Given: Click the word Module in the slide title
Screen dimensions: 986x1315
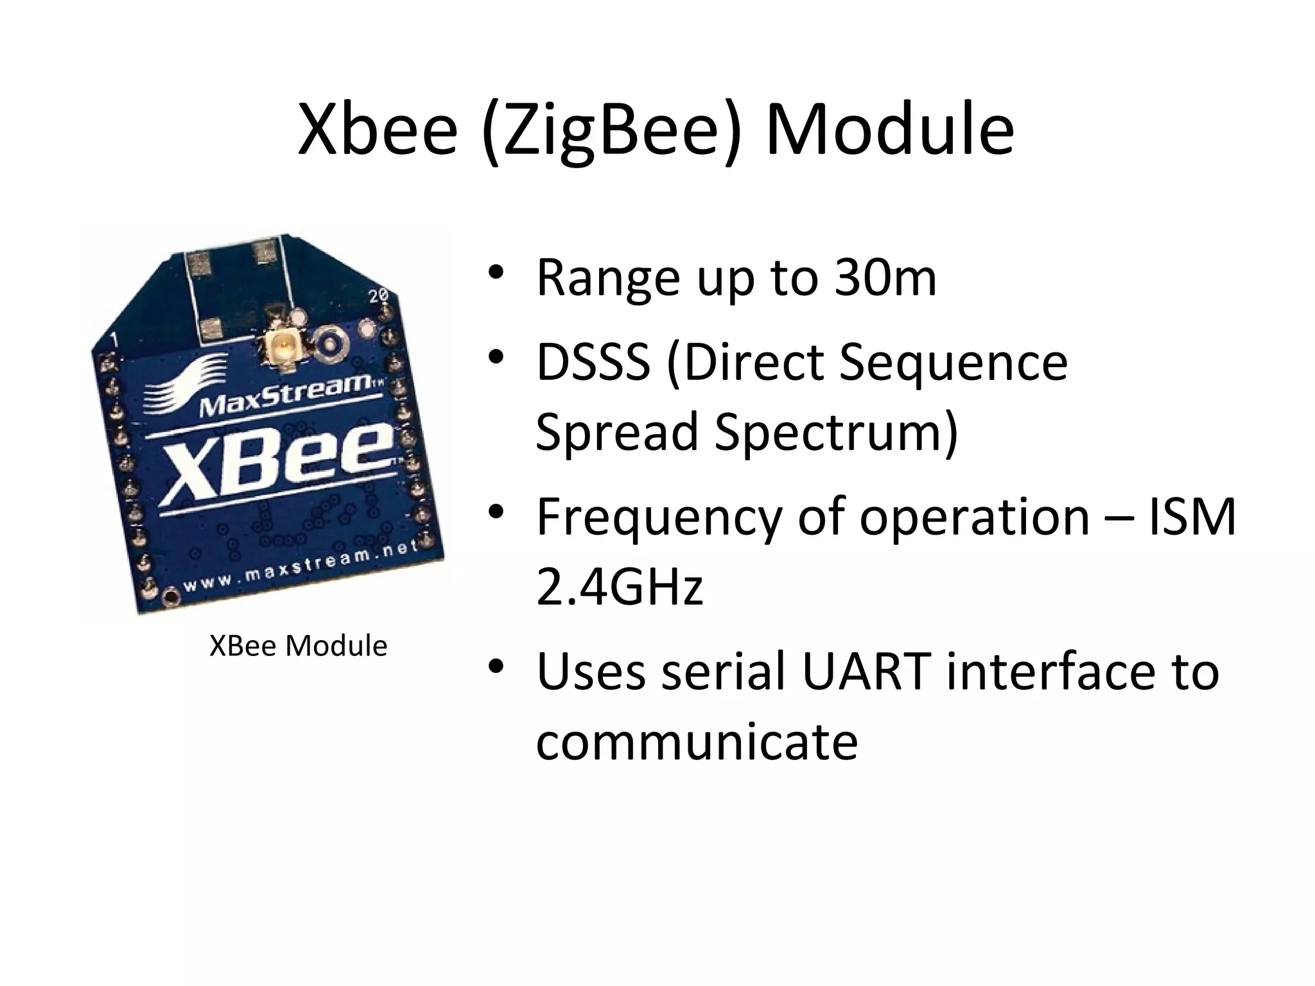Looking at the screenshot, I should pyautogui.click(x=890, y=130).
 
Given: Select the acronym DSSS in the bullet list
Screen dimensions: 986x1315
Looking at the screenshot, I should pyautogui.click(x=593, y=362).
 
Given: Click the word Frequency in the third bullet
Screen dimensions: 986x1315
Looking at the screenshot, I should pyautogui.click(x=659, y=517).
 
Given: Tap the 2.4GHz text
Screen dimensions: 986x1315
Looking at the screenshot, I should pyautogui.click(x=620, y=587).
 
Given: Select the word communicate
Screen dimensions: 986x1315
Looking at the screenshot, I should pyautogui.click(x=697, y=741).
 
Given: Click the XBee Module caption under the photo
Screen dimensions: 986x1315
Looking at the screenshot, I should pyautogui.click(x=299, y=646).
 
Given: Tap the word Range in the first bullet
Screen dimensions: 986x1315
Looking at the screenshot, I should pyautogui.click(x=607, y=279).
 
